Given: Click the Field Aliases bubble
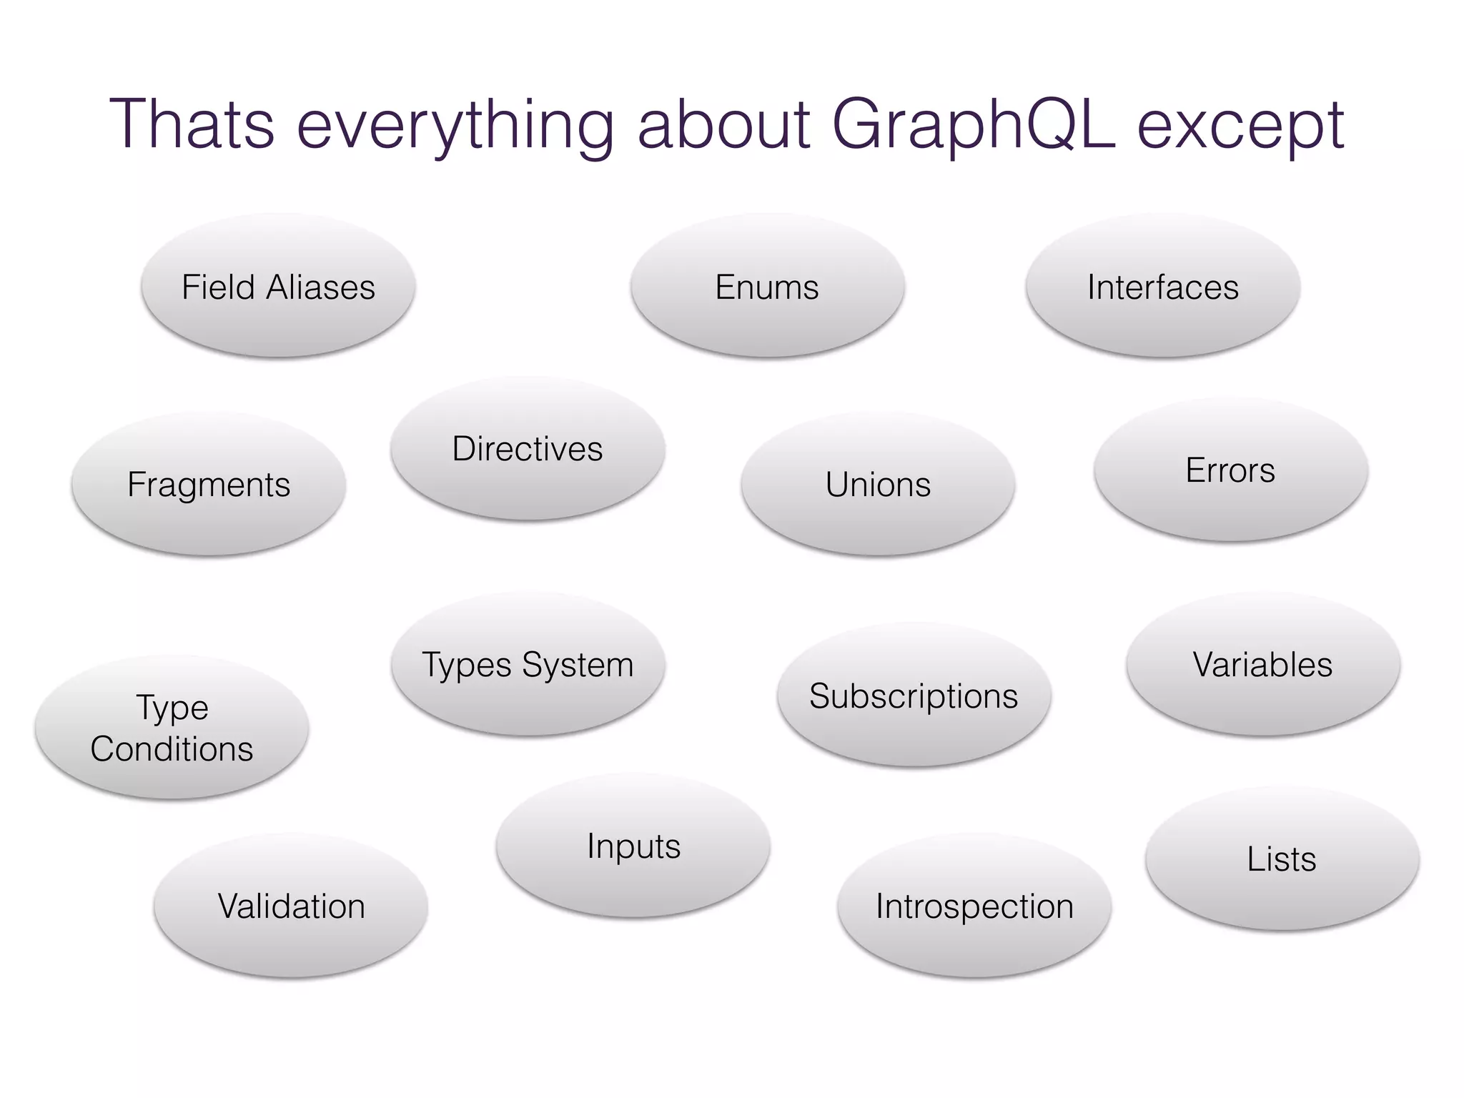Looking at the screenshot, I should (278, 286).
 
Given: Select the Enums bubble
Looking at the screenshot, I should (767, 286).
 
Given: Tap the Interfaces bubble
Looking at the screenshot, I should (1162, 286).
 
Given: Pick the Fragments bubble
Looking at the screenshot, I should (209, 484).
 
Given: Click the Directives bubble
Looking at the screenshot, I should (528, 449).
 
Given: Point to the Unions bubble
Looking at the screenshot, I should (878, 484).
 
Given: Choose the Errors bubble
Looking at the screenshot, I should (1230, 470).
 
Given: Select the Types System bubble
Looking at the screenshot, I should (528, 664).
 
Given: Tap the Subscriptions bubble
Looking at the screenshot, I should (914, 695).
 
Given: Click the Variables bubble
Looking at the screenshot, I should (1262, 664).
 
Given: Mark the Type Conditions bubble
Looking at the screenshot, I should (172, 728).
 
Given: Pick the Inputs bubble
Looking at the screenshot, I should (633, 846).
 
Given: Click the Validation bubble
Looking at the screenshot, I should (291, 906).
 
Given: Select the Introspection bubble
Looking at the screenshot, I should (974, 906).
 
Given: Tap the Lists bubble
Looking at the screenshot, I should (1282, 859).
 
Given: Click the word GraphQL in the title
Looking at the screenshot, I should (973, 125).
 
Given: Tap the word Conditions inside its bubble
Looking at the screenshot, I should (172, 749).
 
